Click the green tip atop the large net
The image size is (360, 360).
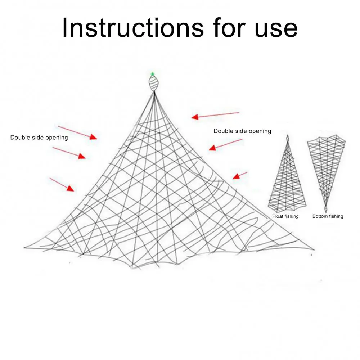(x=152, y=74)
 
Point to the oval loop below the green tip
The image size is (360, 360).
(x=154, y=84)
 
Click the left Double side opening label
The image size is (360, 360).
(x=39, y=138)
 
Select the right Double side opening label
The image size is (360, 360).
(x=242, y=131)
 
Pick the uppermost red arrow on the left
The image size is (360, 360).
(x=77, y=132)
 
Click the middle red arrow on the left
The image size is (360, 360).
(x=69, y=153)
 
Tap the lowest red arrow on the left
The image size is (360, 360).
(x=62, y=184)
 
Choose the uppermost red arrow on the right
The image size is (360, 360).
(x=215, y=115)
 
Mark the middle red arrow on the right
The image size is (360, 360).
(x=226, y=144)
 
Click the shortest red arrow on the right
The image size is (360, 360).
(x=240, y=175)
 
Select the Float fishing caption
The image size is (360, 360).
(x=285, y=216)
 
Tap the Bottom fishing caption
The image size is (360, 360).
(x=328, y=216)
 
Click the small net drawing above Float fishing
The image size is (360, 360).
(x=287, y=176)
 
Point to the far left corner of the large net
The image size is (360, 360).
(x=25, y=248)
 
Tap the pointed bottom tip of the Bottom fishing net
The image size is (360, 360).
(x=326, y=209)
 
